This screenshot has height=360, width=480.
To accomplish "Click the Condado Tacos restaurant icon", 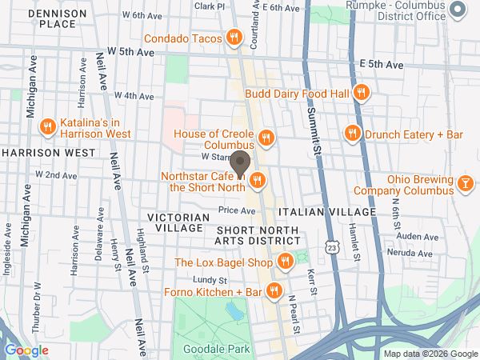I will click(234, 37).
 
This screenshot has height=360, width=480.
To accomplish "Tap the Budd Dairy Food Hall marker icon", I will click(362, 93).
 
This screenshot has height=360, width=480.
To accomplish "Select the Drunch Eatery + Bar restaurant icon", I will click(351, 133).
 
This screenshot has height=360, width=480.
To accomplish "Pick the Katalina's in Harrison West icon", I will click(48, 126).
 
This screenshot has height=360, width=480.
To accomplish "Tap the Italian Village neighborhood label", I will click(326, 212).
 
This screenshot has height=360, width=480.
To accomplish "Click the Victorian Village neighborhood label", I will click(178, 222).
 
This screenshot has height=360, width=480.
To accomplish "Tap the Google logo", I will click(26, 350).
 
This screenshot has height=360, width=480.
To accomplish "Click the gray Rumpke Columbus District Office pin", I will click(458, 10).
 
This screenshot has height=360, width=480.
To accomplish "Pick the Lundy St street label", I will click(211, 280).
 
